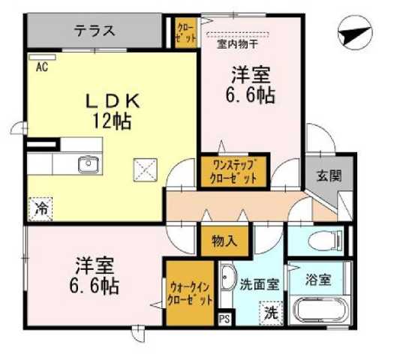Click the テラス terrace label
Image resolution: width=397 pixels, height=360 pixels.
point(95,31)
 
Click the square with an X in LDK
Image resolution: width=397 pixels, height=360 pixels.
point(143,169)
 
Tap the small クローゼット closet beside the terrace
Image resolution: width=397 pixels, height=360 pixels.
point(185,31)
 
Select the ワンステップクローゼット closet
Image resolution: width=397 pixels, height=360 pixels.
point(233,172)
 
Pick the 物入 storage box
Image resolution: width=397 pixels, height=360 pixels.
point(224,241)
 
